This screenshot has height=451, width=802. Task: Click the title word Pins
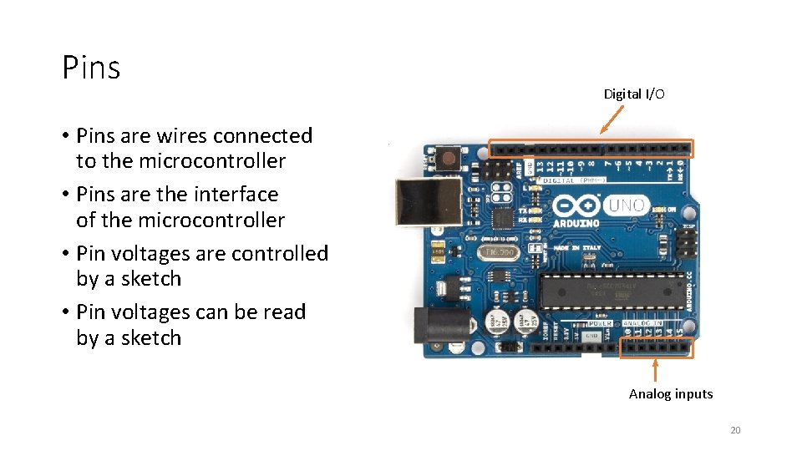tap(91, 68)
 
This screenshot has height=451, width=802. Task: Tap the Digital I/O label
tap(634, 94)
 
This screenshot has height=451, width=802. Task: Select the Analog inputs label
tap(671, 393)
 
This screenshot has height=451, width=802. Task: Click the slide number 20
tap(735, 430)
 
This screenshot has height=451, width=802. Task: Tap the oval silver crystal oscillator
tap(500, 251)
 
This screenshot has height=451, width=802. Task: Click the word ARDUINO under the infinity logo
tap(576, 224)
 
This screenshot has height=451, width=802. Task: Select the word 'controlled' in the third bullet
tap(283, 253)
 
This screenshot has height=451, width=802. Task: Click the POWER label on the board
tap(600, 323)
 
